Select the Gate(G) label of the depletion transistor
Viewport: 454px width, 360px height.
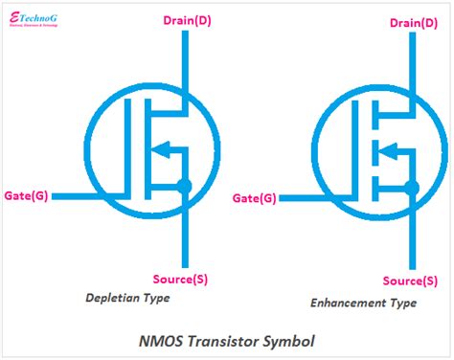tap(28, 195)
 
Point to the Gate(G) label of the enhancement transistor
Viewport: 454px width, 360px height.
tap(256, 198)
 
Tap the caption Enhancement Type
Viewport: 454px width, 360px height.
tap(363, 303)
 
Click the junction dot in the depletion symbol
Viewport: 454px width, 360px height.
tap(185, 187)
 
